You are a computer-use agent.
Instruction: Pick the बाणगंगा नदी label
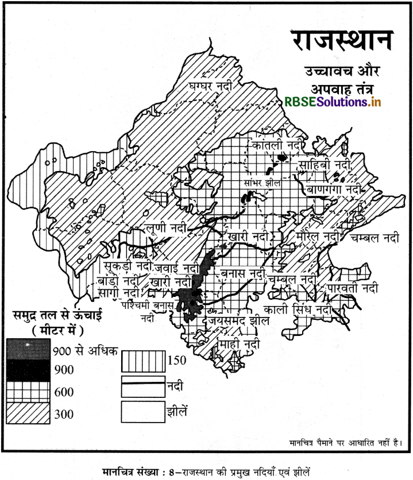pos(334,189)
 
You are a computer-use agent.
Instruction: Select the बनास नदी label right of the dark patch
pos(243,266)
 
